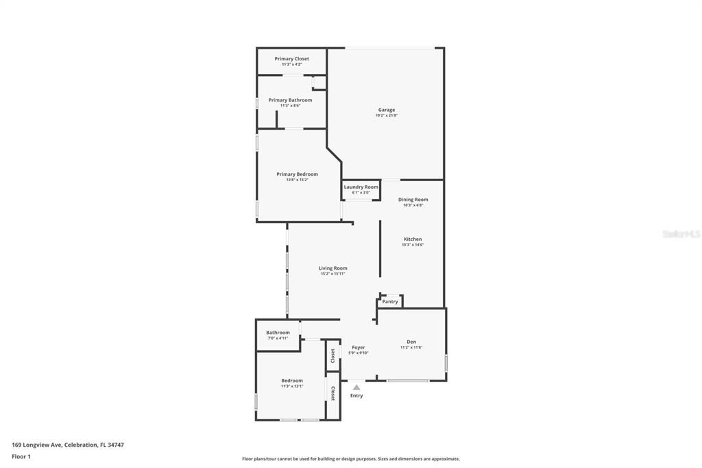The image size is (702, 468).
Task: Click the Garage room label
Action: coord(387,110)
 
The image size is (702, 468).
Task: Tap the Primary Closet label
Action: coord(291,59)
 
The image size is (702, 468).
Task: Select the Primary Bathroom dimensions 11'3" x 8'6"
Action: coord(290,106)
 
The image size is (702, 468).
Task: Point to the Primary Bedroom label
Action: coord(297,174)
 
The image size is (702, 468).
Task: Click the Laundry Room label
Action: coord(361,187)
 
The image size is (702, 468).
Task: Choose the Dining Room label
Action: coord(413,200)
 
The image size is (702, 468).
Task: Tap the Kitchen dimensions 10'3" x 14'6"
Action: coord(412,245)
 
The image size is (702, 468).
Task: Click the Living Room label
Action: coord(332,268)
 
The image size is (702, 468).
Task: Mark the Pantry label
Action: coord(390,302)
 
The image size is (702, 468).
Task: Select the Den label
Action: coord(411,342)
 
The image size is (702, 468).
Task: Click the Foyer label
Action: coord(358,347)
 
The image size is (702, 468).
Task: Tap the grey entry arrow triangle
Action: coord(356,388)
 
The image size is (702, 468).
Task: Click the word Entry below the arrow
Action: coord(356,396)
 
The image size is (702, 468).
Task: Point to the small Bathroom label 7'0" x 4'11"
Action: coord(278,333)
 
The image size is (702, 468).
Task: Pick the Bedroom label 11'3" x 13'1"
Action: coord(291,380)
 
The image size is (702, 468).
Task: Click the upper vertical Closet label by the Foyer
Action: coord(332,355)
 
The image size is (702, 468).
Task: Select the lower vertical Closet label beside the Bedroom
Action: coord(332,393)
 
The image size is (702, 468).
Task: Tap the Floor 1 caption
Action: coord(21,456)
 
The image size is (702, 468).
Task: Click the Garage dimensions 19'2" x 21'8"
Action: coord(387,116)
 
